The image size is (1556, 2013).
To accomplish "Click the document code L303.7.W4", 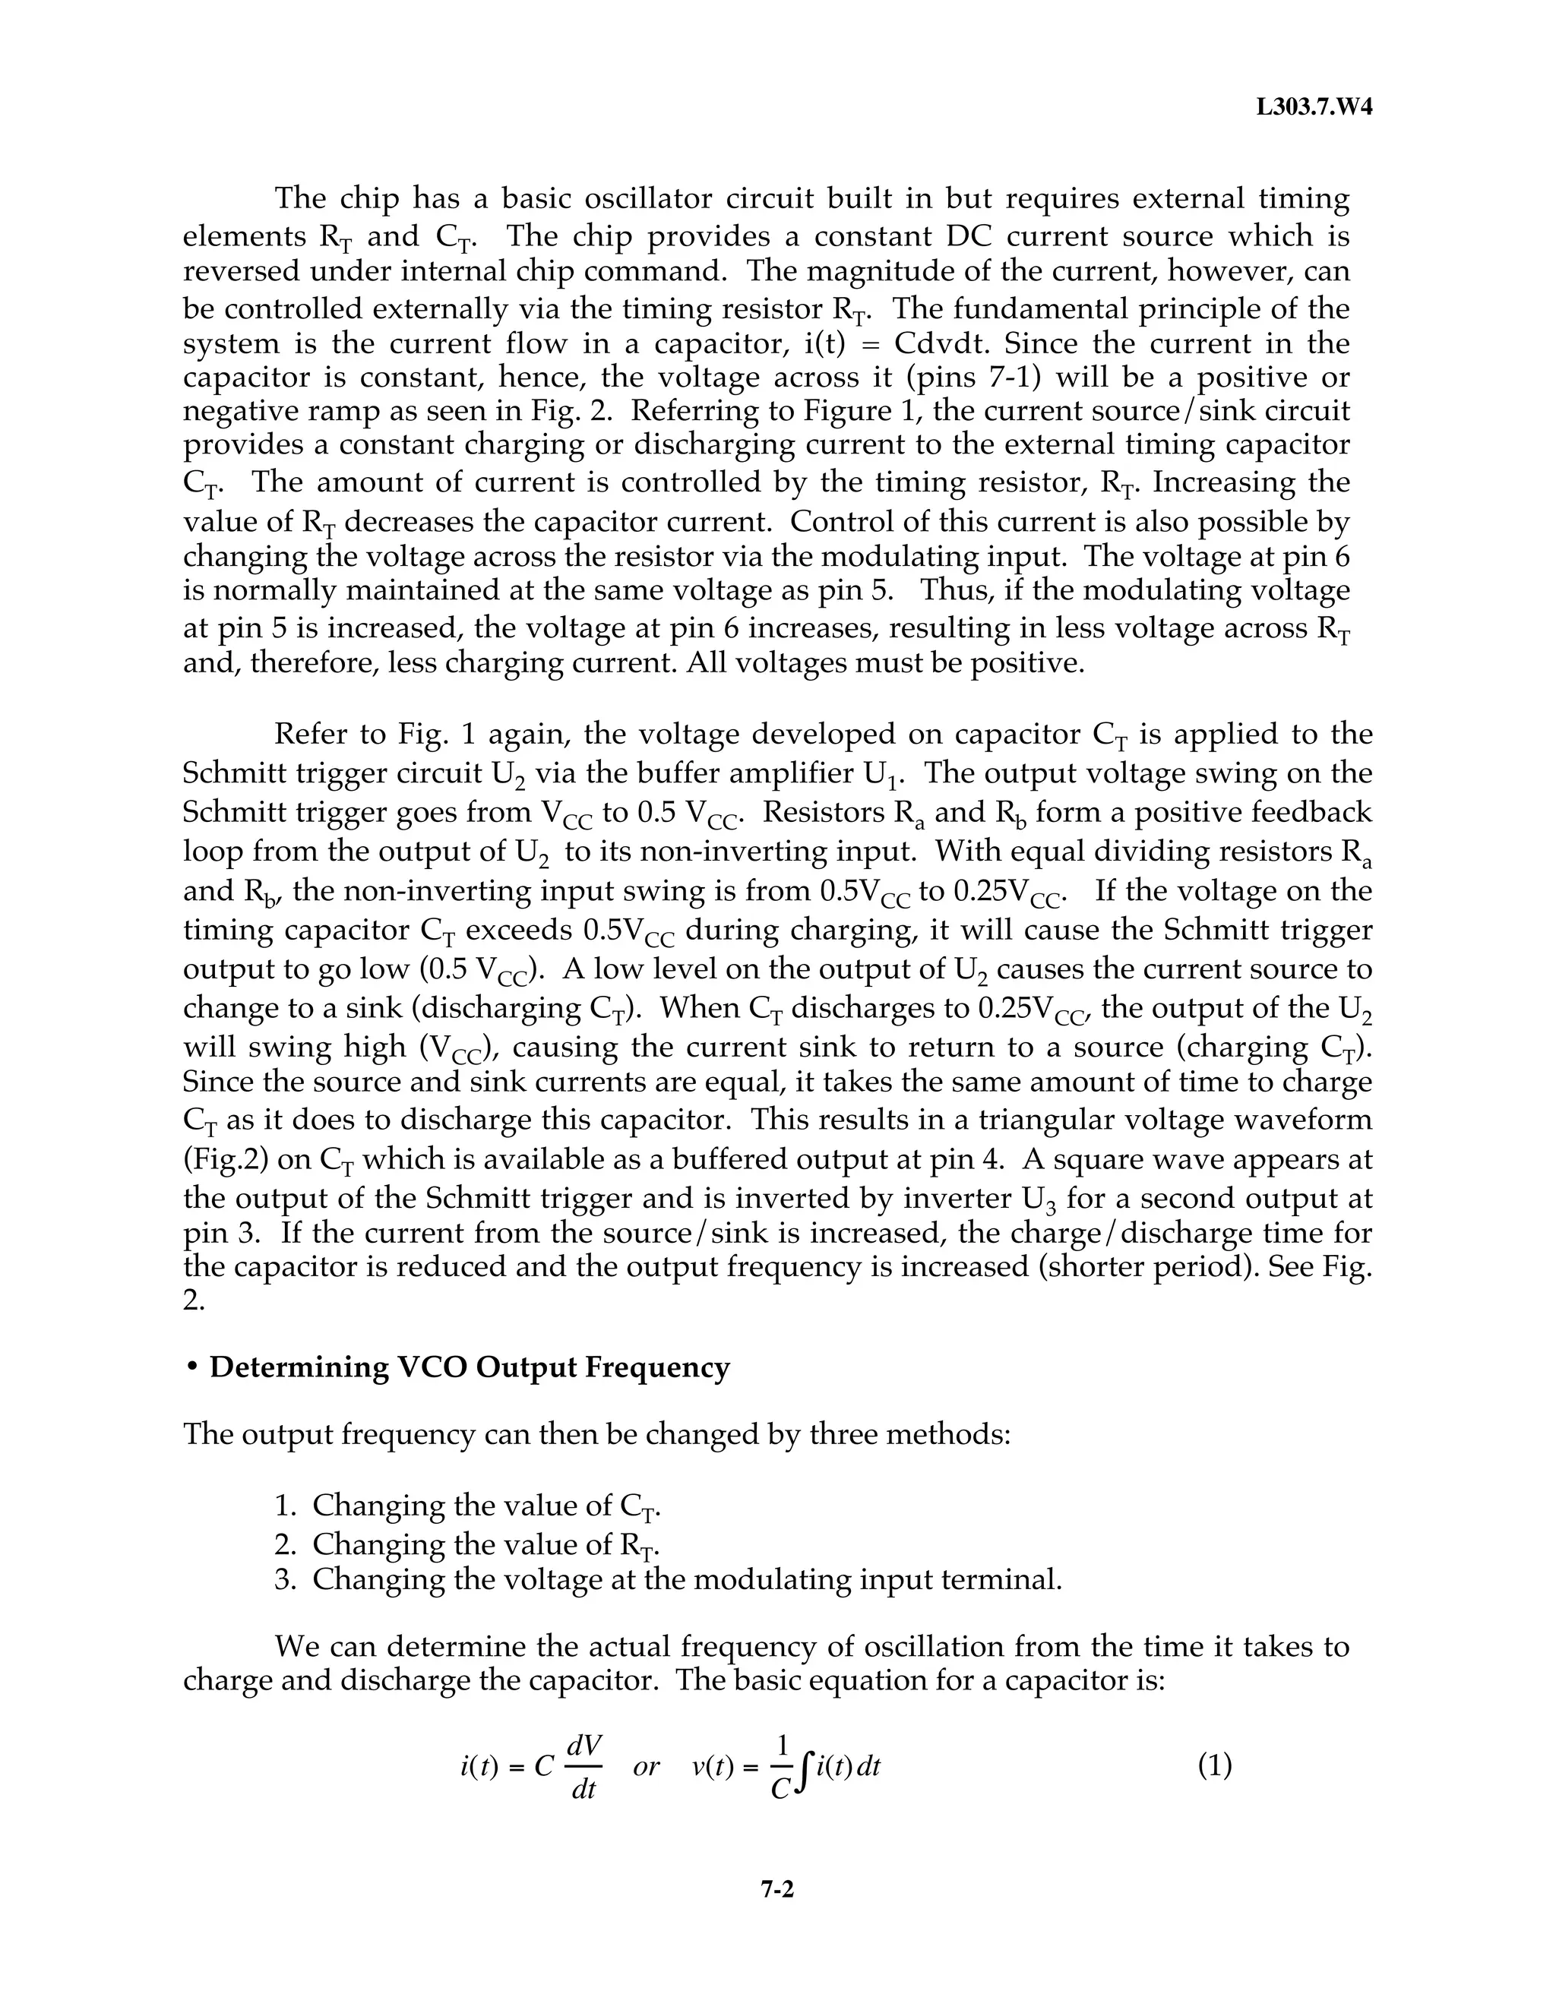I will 1314,108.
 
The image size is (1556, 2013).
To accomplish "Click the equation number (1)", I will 1214,1765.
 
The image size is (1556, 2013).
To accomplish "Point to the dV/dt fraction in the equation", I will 583,1766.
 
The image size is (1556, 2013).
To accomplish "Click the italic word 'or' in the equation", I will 647,1766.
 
